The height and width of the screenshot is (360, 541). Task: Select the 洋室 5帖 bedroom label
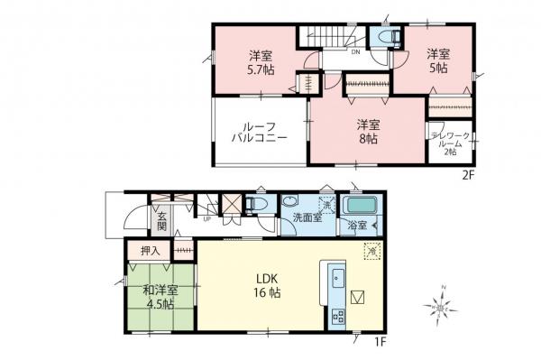click(x=438, y=60)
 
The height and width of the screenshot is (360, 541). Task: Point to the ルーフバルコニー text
click(x=259, y=134)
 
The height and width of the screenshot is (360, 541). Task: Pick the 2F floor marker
click(x=469, y=175)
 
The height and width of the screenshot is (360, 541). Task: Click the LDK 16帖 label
click(x=269, y=285)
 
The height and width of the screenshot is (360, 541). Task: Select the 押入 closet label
click(x=151, y=251)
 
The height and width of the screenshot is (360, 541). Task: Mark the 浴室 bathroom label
click(x=357, y=226)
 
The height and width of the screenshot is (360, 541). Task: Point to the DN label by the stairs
click(x=356, y=52)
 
